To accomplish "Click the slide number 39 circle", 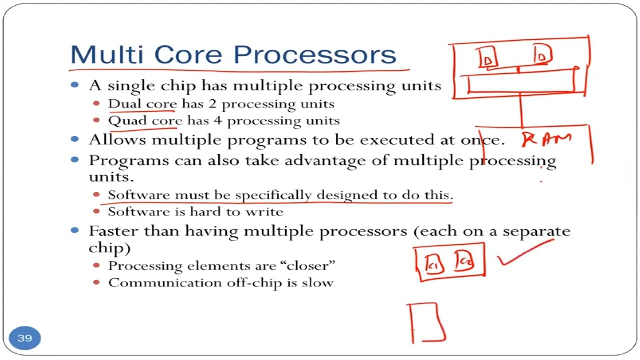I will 25,338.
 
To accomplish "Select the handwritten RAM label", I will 546,139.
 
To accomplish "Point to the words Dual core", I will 142,104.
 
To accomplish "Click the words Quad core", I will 145,121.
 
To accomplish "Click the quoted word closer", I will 310,265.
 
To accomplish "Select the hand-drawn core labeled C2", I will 464,261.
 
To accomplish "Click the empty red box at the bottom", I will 426,322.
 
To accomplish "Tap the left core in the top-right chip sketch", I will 487,57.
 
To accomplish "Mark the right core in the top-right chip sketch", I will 542,55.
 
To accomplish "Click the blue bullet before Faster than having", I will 75,230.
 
